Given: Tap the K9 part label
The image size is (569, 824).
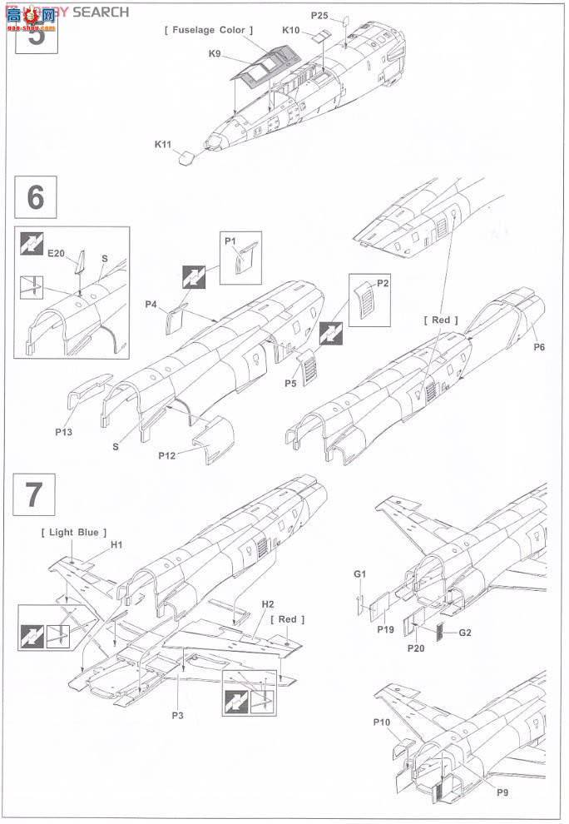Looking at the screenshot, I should tap(215, 54).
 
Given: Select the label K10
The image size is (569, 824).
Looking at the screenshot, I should tap(290, 30).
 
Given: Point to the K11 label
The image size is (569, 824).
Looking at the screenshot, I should tap(162, 144).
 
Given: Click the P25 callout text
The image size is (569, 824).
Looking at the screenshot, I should tap(319, 15).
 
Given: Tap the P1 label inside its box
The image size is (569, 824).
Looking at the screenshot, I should tap(230, 241).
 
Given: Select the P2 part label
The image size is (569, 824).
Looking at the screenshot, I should tap(383, 283).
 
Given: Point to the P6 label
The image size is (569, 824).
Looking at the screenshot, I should tap(539, 347).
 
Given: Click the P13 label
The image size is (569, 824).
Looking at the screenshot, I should tap(65, 432).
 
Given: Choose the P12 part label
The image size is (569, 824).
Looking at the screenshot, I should tap(169, 456).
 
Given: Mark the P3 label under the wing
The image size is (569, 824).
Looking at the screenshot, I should tap(177, 715).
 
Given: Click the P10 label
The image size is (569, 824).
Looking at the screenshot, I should tap(382, 722).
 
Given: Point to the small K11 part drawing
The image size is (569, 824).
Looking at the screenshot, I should tap(187, 156).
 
